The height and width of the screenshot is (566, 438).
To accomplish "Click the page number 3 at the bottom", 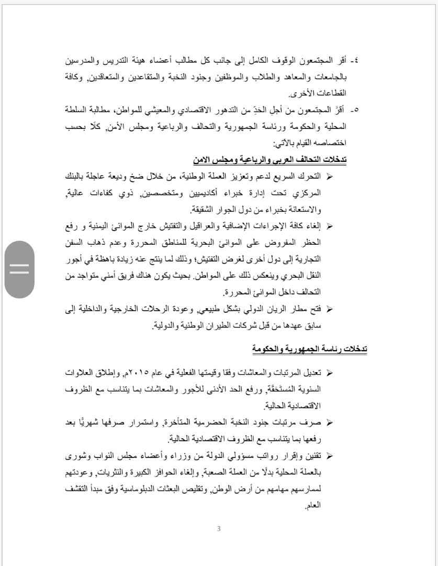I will (x=219, y=528).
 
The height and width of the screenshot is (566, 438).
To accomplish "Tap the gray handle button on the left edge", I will (x=19, y=269).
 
